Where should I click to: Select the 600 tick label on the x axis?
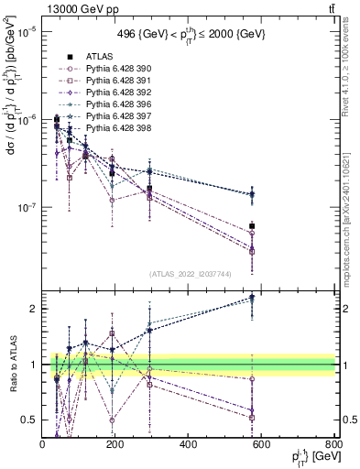pos(261,444)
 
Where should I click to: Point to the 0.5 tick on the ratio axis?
pos(29,420)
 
